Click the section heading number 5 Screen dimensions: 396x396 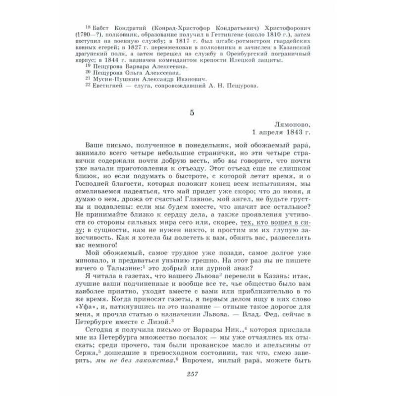(192, 112)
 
